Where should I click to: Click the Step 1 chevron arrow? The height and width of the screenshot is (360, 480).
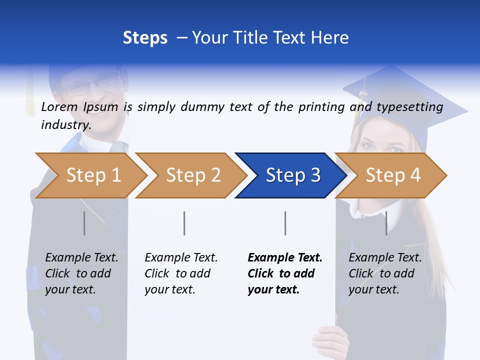(93, 175)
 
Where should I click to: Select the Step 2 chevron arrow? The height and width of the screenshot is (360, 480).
(193, 175)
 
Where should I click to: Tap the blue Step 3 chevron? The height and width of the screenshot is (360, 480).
(293, 175)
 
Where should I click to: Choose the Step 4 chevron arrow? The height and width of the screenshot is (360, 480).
(393, 175)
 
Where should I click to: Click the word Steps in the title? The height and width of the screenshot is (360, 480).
(145, 38)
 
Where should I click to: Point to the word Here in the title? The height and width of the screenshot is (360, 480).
(329, 38)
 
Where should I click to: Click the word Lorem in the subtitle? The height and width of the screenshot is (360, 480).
(59, 107)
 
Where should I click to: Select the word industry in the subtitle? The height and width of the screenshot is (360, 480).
(65, 125)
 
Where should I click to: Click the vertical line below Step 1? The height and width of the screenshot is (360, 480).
(84, 223)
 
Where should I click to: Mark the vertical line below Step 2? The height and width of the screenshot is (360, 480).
(184, 223)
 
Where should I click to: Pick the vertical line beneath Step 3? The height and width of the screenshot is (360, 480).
(285, 223)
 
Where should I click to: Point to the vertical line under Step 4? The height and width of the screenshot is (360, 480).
(386, 223)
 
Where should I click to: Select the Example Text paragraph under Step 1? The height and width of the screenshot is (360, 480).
(81, 273)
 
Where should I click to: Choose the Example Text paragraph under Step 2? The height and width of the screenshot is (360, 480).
(181, 273)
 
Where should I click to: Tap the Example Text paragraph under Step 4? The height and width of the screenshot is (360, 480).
(385, 273)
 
